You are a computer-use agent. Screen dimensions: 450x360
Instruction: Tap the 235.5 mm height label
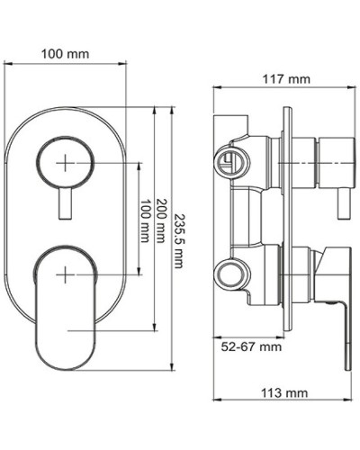179,237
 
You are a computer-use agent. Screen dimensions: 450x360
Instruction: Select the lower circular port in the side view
230,269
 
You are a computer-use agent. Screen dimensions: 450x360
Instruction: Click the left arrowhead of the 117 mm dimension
216,88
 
